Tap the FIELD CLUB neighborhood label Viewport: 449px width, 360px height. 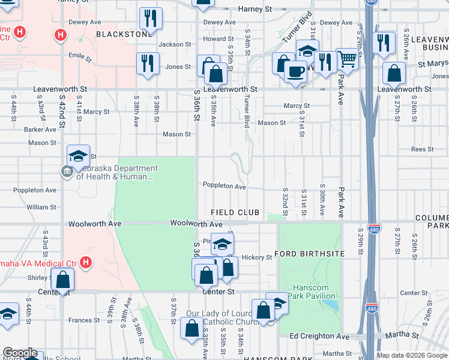(235, 213)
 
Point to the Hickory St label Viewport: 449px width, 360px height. (257, 257)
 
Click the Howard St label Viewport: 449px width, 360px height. (214, 39)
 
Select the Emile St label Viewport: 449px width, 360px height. (79, 58)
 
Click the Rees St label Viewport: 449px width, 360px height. (423, 149)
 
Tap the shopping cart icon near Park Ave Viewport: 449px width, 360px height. (346, 59)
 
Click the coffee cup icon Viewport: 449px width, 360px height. (295, 71)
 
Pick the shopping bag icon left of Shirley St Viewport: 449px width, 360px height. (62, 279)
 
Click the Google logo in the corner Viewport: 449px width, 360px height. (20, 353)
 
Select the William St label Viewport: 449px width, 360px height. (41, 207)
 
